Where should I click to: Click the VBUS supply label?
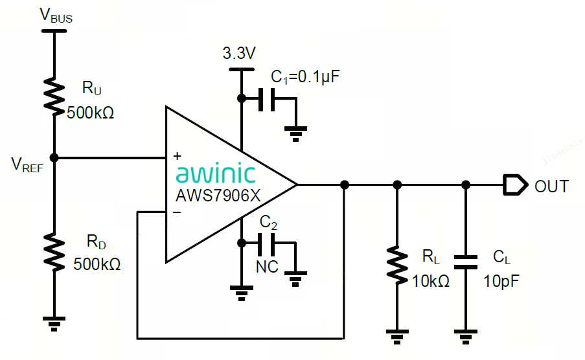pos(56,16)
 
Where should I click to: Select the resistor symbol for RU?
pos(54,95)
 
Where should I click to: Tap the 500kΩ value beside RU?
pos(91,112)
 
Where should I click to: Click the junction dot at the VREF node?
pos(54,157)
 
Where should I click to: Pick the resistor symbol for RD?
pos(54,253)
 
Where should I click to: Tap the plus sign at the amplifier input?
pos(177,157)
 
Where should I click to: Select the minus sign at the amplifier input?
pos(177,212)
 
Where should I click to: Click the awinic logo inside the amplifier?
pos(215,174)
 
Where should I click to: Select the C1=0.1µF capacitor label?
pos(304,77)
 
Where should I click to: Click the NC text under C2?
pos(267,265)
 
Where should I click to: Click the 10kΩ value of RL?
pos(431,281)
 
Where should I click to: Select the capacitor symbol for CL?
pos(465,261)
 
